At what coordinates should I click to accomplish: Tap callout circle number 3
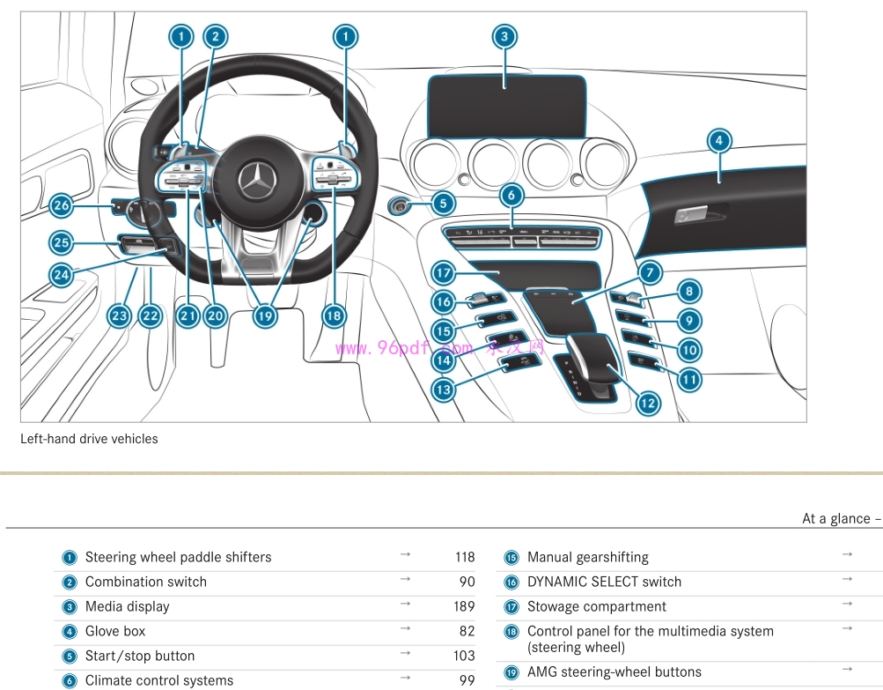[504, 36]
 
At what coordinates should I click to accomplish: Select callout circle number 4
[719, 140]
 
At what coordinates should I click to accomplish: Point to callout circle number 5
[443, 204]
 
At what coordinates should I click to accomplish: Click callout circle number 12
[647, 404]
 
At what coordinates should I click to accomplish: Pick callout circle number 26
[61, 206]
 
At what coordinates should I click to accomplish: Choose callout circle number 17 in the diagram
[443, 273]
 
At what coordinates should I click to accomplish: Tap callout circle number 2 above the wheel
[215, 36]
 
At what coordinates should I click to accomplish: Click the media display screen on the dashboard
[506, 107]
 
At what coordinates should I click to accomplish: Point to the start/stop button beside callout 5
[401, 206]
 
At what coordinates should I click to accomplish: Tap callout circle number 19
[262, 315]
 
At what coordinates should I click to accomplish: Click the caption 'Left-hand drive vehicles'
[89, 439]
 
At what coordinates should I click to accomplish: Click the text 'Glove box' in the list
[115, 631]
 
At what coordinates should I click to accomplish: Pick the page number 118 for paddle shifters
[464, 557]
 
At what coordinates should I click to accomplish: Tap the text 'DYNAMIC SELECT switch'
[604, 582]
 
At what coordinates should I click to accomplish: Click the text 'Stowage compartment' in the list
[596, 606]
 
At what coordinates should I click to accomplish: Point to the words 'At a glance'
[836, 518]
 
